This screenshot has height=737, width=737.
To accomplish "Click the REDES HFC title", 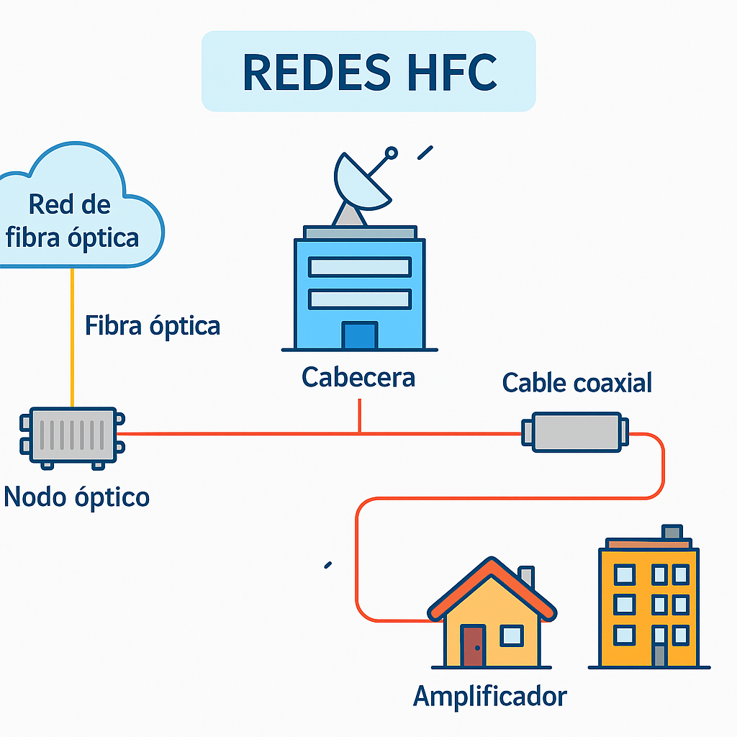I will coord(368,71).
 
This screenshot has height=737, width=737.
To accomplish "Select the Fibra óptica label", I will coord(153,326).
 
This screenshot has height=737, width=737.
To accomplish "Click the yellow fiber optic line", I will coord(72,338).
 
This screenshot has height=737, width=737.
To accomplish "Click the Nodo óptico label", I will coord(77,497).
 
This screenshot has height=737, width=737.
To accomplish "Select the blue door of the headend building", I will coord(359,335).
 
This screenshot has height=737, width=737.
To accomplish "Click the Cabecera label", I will coord(358,377).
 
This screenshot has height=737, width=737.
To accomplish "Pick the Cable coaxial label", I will coord(577,382).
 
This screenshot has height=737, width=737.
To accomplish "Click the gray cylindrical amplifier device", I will coord(576,432).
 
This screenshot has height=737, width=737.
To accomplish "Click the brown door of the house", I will coord(473,646).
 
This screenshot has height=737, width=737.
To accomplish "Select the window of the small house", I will coord(512,635).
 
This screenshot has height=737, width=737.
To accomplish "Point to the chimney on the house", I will coord(527,576).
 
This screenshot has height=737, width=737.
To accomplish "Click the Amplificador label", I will coord(490,696).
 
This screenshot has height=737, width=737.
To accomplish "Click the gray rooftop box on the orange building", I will coord(672,532).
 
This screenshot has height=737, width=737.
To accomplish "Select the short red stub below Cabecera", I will coord(359,417).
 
